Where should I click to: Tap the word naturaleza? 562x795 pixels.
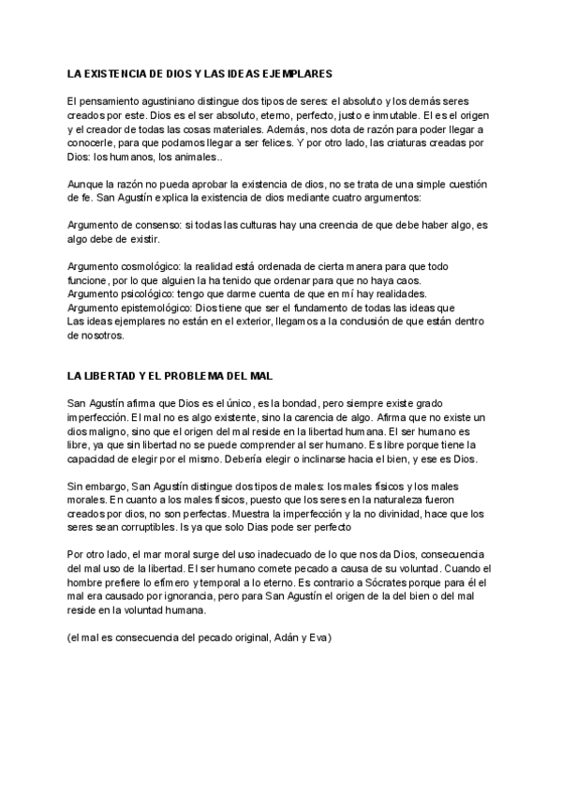pos(381,501)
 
